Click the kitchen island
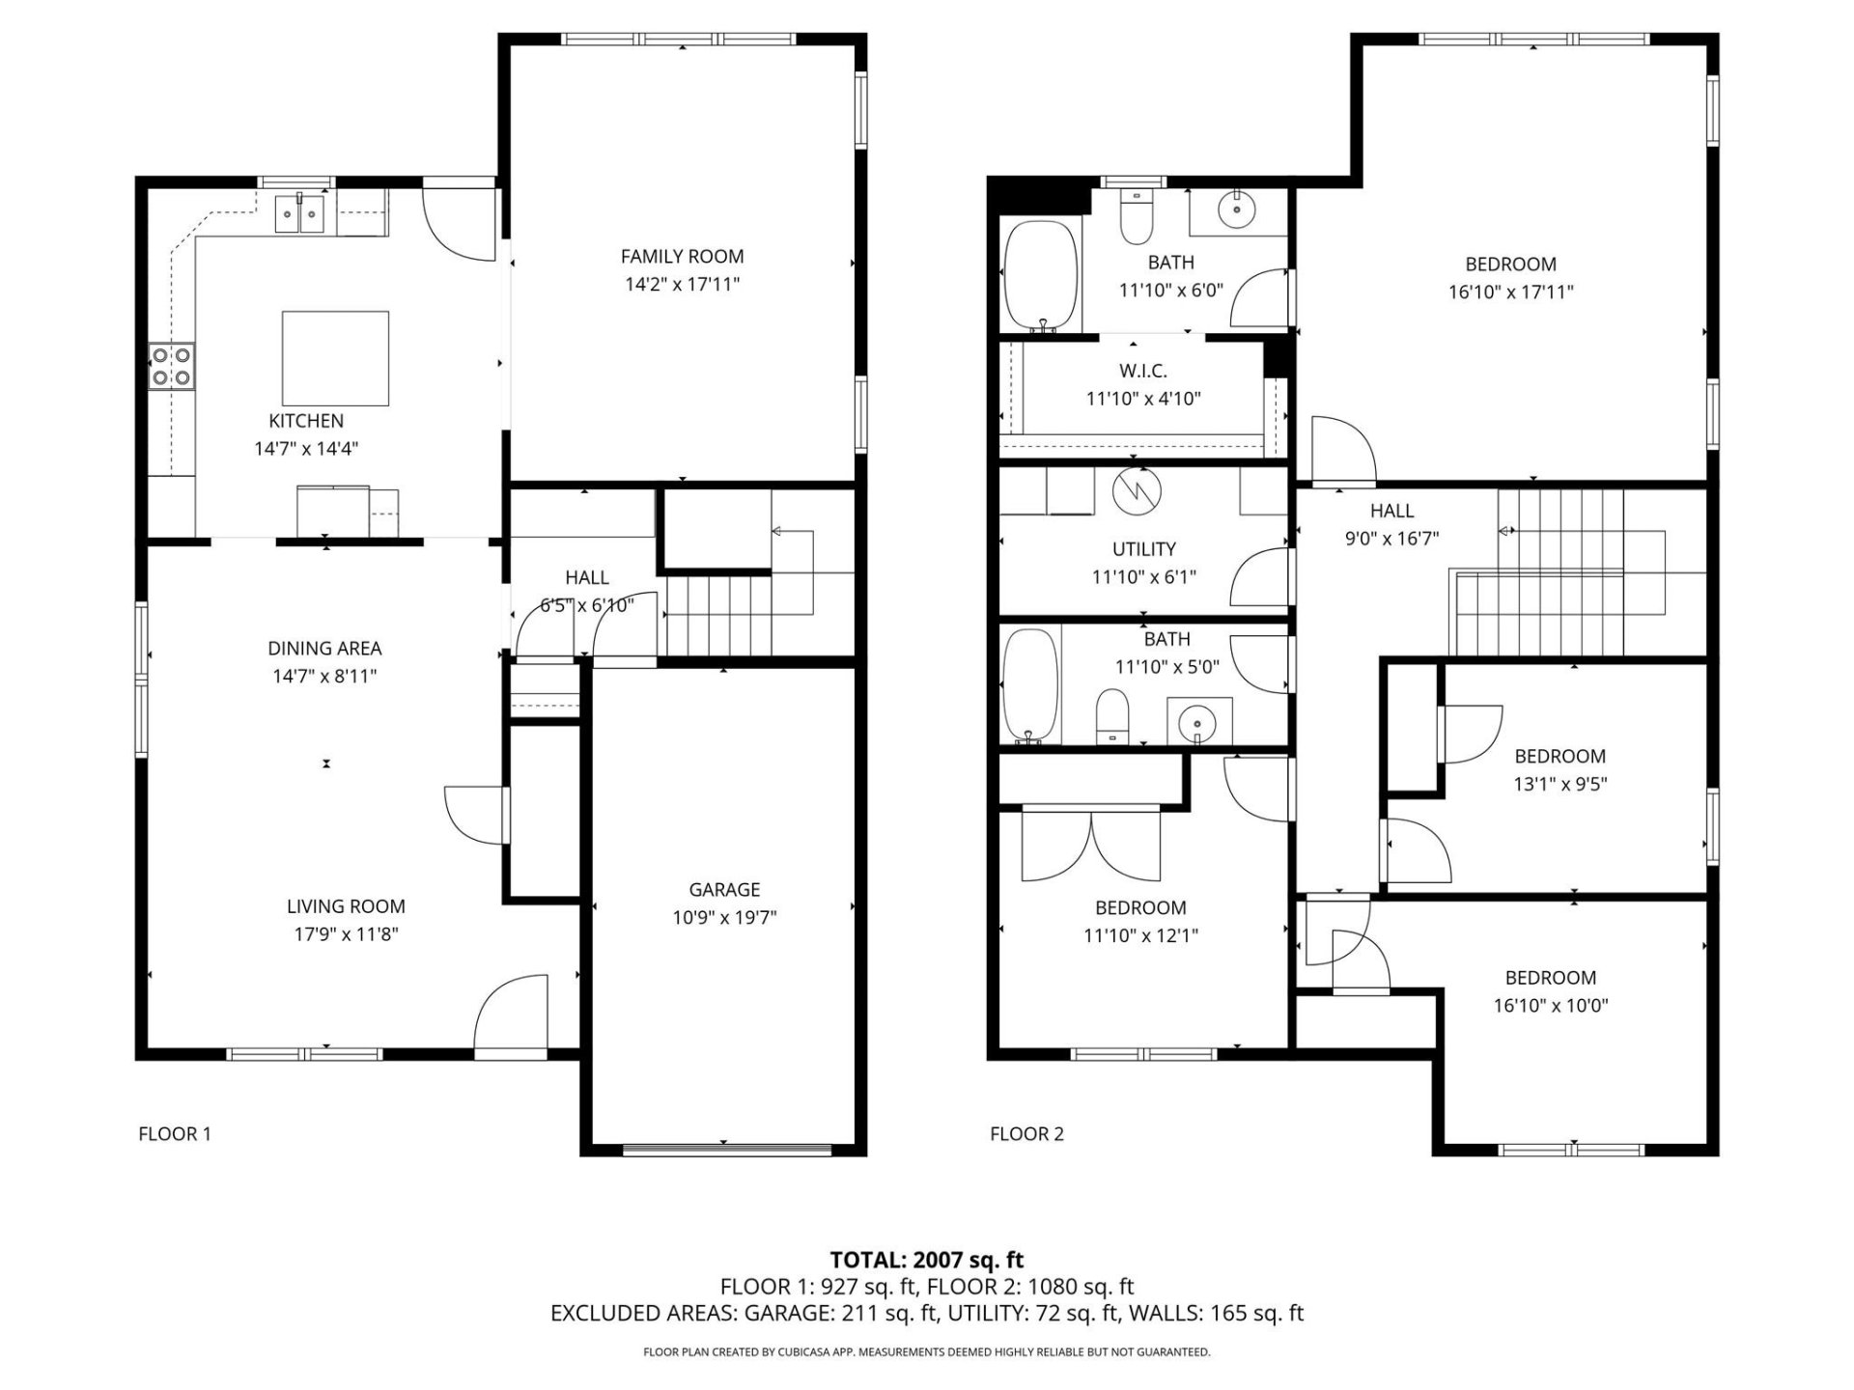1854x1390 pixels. tap(335, 358)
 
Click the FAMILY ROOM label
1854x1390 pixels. tap(682, 257)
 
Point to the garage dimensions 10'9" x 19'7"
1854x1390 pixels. tap(724, 917)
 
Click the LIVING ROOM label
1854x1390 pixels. tap(346, 906)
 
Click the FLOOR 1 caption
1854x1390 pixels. tap(175, 1133)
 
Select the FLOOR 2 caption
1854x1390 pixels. tap(1026, 1133)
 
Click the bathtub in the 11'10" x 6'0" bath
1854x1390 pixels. tap(1040, 276)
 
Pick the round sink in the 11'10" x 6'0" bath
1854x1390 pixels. tap(1234, 208)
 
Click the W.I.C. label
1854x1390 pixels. tap(1143, 371)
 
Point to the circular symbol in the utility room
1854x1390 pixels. tap(1138, 492)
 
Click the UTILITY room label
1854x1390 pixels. tap(1144, 549)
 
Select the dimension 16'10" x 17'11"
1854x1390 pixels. tap(1510, 292)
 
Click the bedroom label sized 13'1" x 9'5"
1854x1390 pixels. tap(1559, 757)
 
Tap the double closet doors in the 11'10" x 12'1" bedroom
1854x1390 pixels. tap(1091, 847)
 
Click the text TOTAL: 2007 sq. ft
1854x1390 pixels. tap(926, 1259)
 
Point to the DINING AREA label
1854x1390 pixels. tap(324, 649)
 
